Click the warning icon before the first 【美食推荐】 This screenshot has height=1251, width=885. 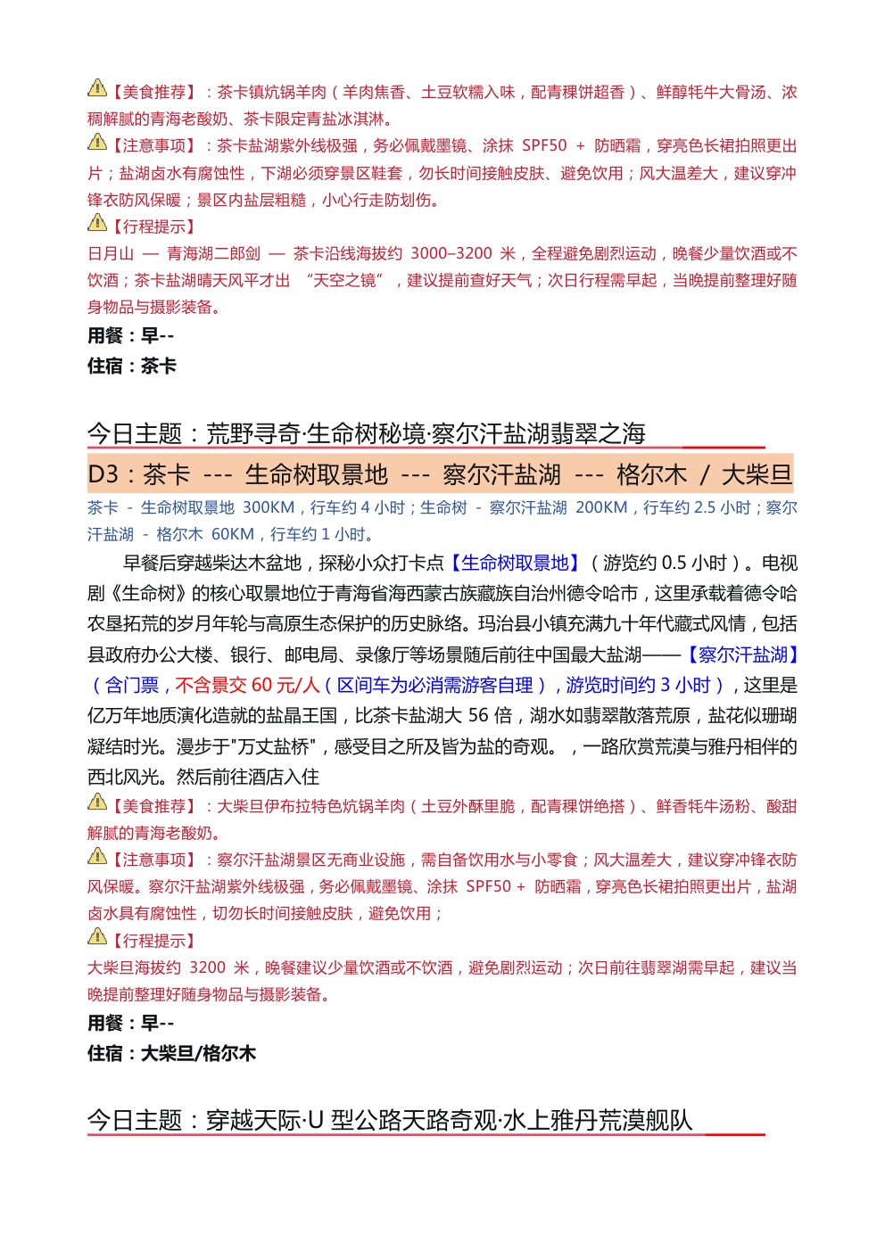(96, 88)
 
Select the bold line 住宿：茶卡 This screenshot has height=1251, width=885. (132, 366)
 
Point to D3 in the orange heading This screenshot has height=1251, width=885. (103, 474)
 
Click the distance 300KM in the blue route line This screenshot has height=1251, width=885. (269, 508)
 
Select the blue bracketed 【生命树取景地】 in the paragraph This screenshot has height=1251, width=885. (514, 564)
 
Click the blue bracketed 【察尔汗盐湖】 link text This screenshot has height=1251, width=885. (742, 655)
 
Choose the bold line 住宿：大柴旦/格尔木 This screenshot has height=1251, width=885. (171, 1053)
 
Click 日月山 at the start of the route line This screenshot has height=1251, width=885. (111, 254)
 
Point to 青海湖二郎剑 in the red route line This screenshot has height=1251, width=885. (214, 254)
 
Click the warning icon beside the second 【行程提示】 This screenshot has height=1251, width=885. (96, 936)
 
